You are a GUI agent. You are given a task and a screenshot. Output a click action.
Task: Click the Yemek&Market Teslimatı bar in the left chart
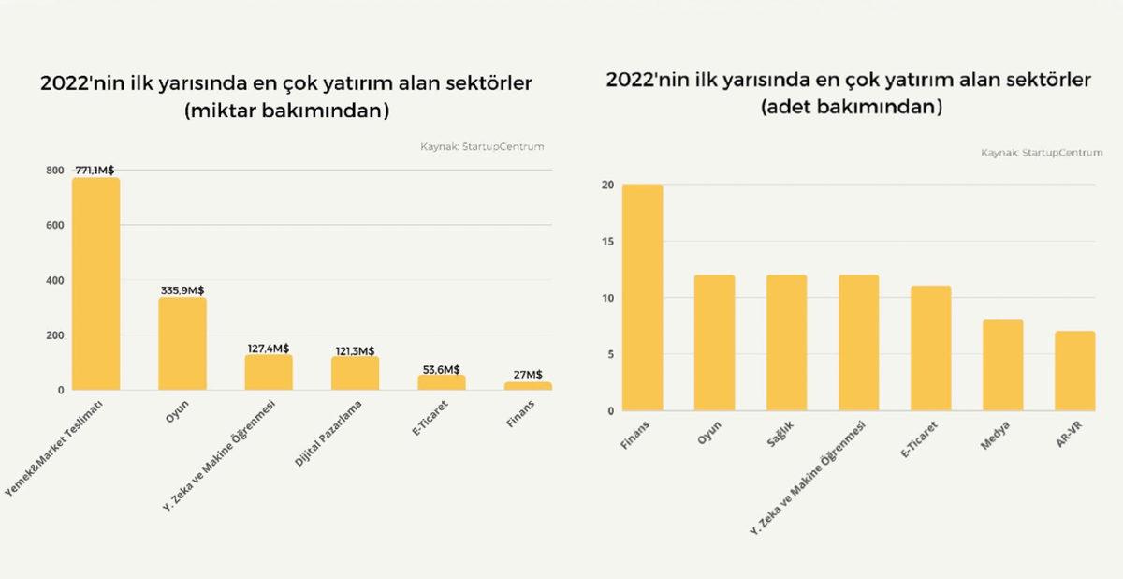pyautogui.click(x=95, y=284)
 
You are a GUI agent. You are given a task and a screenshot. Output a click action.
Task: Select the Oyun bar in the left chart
pyautogui.click(x=182, y=344)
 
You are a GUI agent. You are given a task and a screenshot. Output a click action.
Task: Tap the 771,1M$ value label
pyautogui.click(x=95, y=171)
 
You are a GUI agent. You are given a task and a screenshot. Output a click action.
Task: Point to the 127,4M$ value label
pyautogui.click(x=268, y=348)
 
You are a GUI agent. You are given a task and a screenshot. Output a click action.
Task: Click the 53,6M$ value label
pyautogui.click(x=441, y=368)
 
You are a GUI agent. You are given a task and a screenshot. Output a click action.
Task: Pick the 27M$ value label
pyautogui.click(x=527, y=375)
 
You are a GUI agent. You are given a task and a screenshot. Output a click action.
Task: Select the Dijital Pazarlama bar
pyautogui.click(x=355, y=373)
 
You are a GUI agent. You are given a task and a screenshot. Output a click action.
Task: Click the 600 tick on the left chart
pyautogui.click(x=55, y=226)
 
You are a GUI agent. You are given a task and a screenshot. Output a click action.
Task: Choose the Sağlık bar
pyautogui.click(x=786, y=343)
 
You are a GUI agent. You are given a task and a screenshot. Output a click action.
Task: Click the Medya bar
pyautogui.click(x=1002, y=365)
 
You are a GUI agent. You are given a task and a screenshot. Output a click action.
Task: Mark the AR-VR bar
pyautogui.click(x=1074, y=371)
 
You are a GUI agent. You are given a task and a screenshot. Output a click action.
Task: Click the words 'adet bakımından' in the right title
pyautogui.click(x=849, y=108)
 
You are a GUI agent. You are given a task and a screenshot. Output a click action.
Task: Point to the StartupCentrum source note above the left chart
pyautogui.click(x=483, y=146)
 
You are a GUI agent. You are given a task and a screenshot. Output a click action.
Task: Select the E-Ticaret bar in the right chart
pyautogui.click(x=930, y=349)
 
